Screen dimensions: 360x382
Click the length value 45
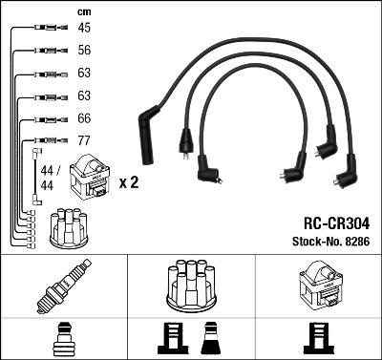(84, 28)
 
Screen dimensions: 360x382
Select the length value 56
(84, 50)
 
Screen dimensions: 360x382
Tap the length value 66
(84, 118)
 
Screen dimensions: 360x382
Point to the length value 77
(84, 140)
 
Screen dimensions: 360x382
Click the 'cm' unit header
(84, 11)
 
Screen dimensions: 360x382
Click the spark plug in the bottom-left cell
(64, 286)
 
